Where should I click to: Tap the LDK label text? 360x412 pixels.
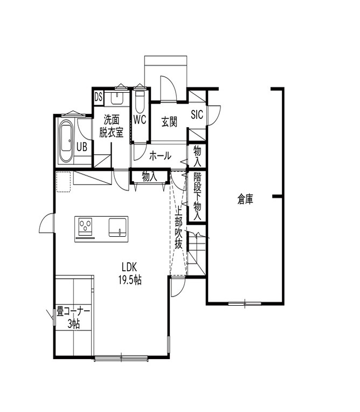pyautogui.click(x=130, y=267)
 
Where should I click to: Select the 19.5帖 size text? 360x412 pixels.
pyautogui.click(x=130, y=279)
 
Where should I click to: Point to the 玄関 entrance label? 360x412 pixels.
pyautogui.click(x=169, y=121)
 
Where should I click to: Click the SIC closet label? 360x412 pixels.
pyautogui.click(x=197, y=114)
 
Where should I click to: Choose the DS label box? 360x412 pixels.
pyautogui.click(x=98, y=97)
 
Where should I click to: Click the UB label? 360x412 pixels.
pyautogui.click(x=81, y=146)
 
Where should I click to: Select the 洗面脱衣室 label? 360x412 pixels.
pyautogui.click(x=113, y=126)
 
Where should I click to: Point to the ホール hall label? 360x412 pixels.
pyautogui.click(x=160, y=156)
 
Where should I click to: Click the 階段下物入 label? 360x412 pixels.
pyautogui.click(x=197, y=195)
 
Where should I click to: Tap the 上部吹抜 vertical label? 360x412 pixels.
pyautogui.click(x=179, y=229)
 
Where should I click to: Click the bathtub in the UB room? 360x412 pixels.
pyautogui.click(x=66, y=140)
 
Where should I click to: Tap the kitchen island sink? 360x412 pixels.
pyautogui.click(x=118, y=226)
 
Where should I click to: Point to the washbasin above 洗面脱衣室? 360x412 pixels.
pyautogui.click(x=116, y=98)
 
